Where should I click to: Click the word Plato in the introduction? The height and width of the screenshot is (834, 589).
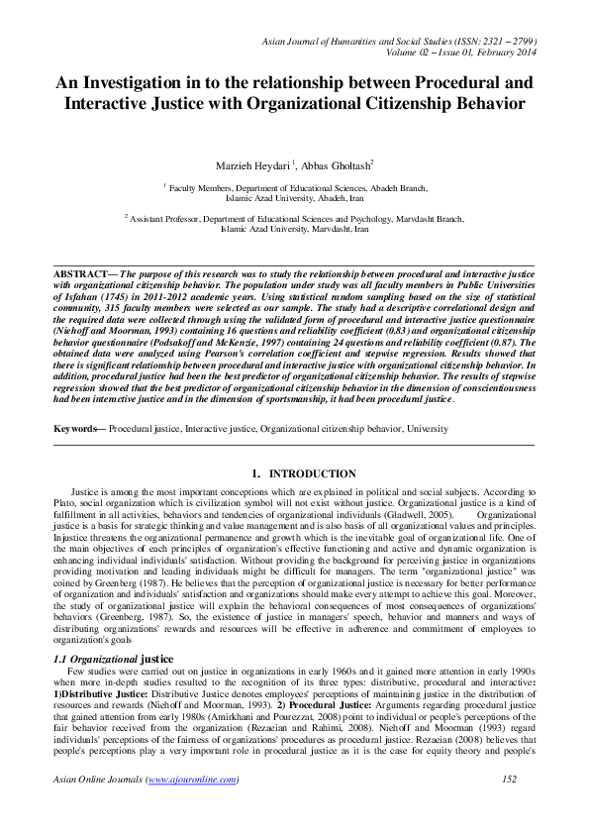[x=65, y=503]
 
